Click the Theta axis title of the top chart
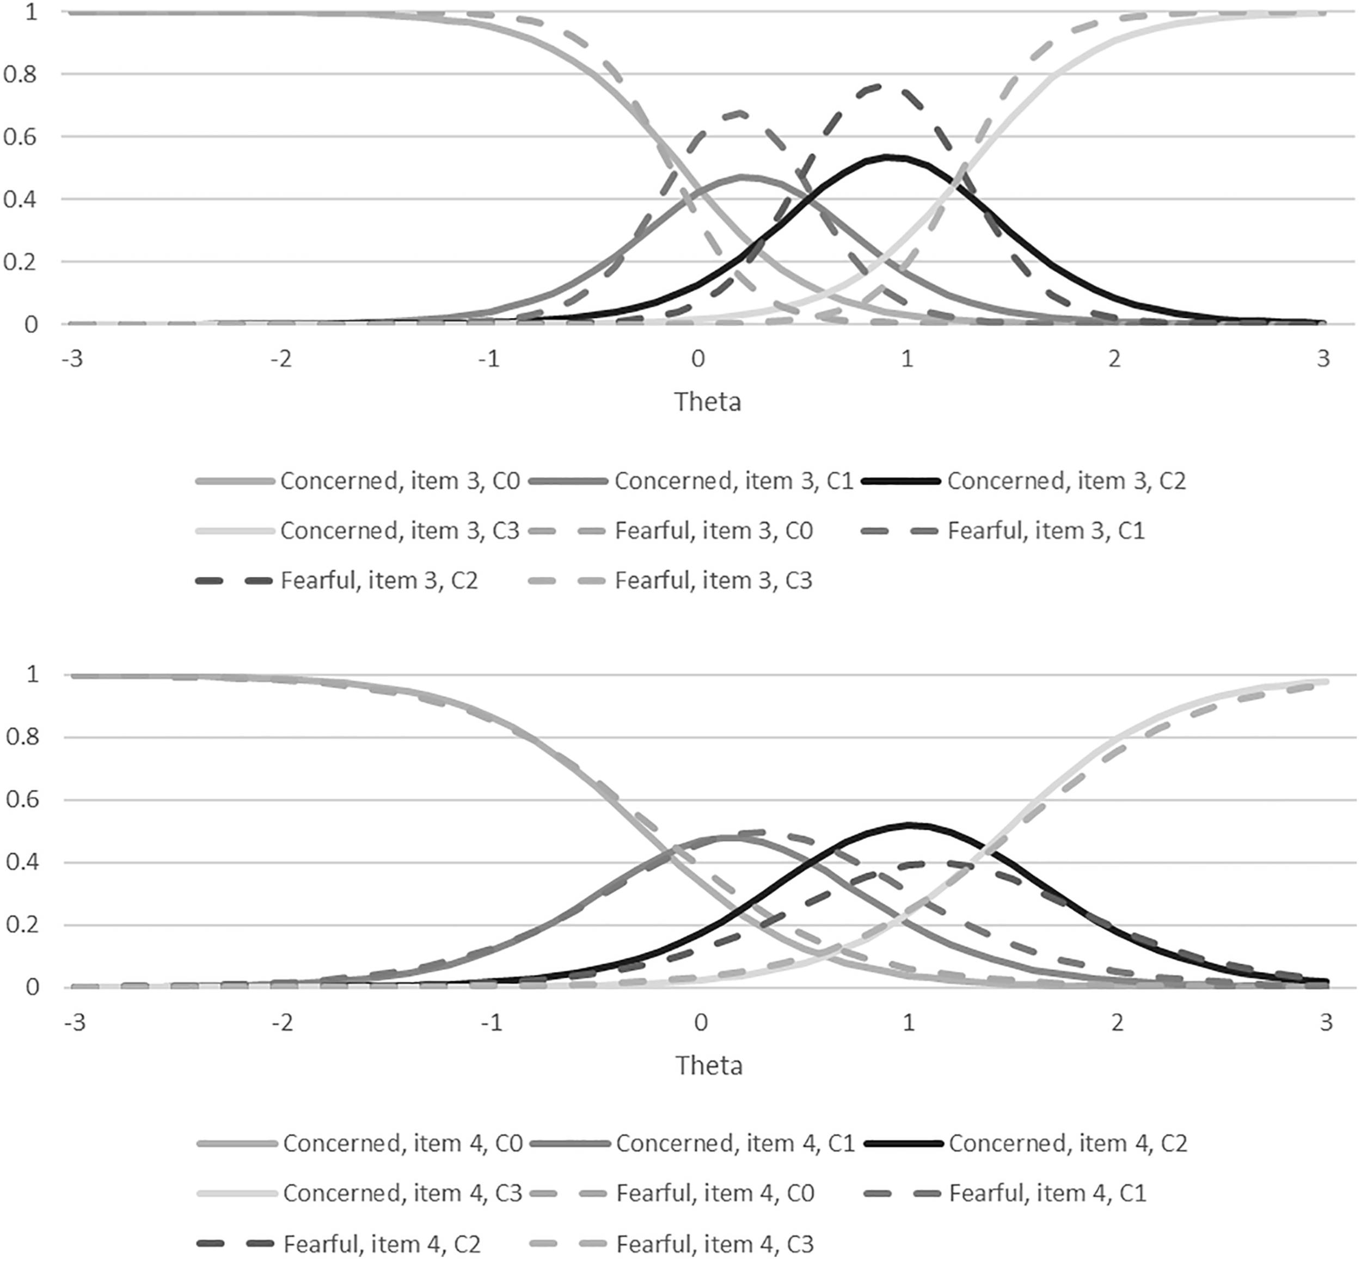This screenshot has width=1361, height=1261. [x=707, y=401]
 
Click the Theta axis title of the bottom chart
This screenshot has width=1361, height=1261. [x=709, y=1065]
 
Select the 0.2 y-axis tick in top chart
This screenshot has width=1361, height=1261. [x=21, y=262]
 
